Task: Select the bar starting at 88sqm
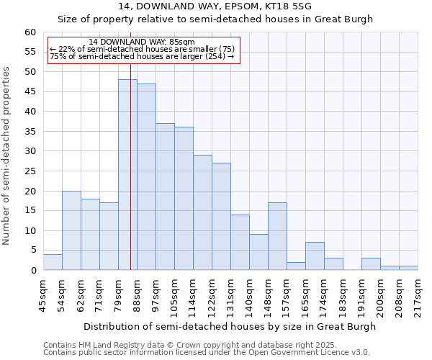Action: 146,177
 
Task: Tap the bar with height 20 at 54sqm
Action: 71,230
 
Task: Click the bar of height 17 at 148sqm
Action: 277,236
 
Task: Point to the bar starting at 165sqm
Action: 315,256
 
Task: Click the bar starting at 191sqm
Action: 371,264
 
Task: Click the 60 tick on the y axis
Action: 30,32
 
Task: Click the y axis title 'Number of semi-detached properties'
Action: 7,156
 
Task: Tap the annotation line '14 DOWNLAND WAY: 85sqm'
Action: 142,42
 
